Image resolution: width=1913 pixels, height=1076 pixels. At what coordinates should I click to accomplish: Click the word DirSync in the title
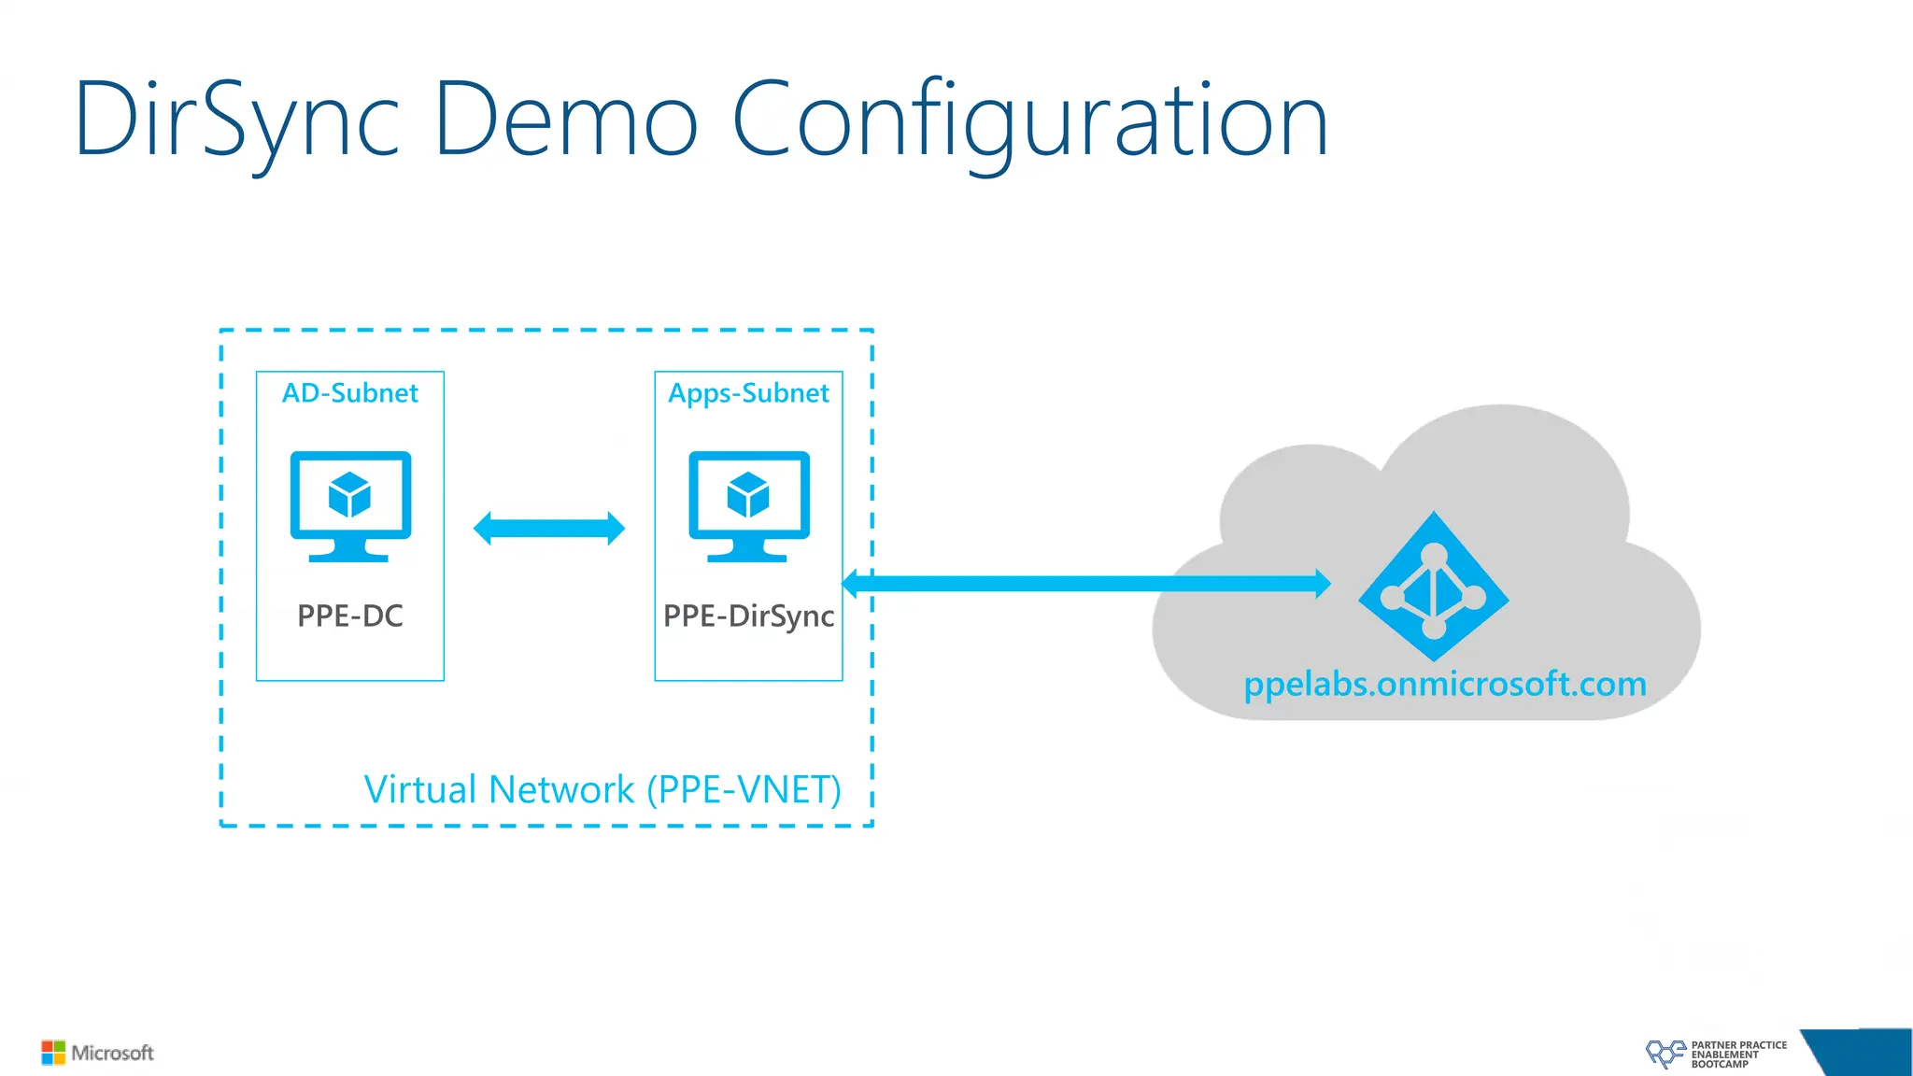[x=237, y=121]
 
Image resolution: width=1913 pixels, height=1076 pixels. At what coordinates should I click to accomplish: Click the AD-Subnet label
[x=350, y=393]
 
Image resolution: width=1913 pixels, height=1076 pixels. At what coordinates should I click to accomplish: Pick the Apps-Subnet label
[x=748, y=393]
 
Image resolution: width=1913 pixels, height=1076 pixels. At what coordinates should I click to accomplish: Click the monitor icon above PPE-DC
[x=350, y=505]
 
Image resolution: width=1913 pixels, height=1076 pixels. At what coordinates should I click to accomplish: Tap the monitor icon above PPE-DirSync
[x=749, y=505]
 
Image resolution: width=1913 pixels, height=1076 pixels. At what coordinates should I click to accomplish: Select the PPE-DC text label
[x=350, y=616]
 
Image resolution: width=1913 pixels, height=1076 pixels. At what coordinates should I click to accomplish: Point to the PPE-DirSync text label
[x=748, y=616]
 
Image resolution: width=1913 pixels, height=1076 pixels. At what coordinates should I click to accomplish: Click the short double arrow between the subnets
[x=549, y=529]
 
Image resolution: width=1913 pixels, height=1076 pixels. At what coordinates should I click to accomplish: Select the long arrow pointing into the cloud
[x=1084, y=584]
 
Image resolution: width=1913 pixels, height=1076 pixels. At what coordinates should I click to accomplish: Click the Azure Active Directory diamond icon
[x=1434, y=587]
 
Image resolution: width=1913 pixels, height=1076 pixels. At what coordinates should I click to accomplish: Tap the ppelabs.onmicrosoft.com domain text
[x=1445, y=685]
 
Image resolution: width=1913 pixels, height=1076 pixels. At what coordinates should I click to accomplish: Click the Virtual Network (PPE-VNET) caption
[x=602, y=790]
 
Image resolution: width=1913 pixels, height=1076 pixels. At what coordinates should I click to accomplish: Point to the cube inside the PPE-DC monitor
[x=350, y=494]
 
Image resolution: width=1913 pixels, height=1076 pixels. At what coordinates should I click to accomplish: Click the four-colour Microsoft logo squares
[x=53, y=1053]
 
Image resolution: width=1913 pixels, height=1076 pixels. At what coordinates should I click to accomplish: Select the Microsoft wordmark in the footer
[x=113, y=1053]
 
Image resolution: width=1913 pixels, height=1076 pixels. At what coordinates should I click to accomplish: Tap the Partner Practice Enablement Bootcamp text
[x=1737, y=1055]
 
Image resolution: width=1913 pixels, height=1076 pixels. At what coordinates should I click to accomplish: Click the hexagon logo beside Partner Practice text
[x=1665, y=1054]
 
